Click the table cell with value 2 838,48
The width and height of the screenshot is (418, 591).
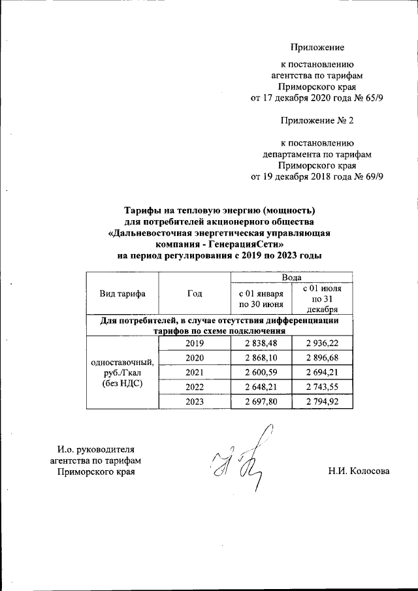coord(260,343)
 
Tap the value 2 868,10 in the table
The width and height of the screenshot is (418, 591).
coord(260,359)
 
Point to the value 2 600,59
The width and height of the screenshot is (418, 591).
coord(260,372)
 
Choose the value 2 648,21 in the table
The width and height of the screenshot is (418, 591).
coord(260,387)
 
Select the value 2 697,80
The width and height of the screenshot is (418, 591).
coord(260,402)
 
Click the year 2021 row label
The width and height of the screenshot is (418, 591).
coord(195,372)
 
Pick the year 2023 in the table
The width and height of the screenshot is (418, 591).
coord(195,402)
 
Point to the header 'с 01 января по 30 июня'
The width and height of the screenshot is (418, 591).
coord(260,298)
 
